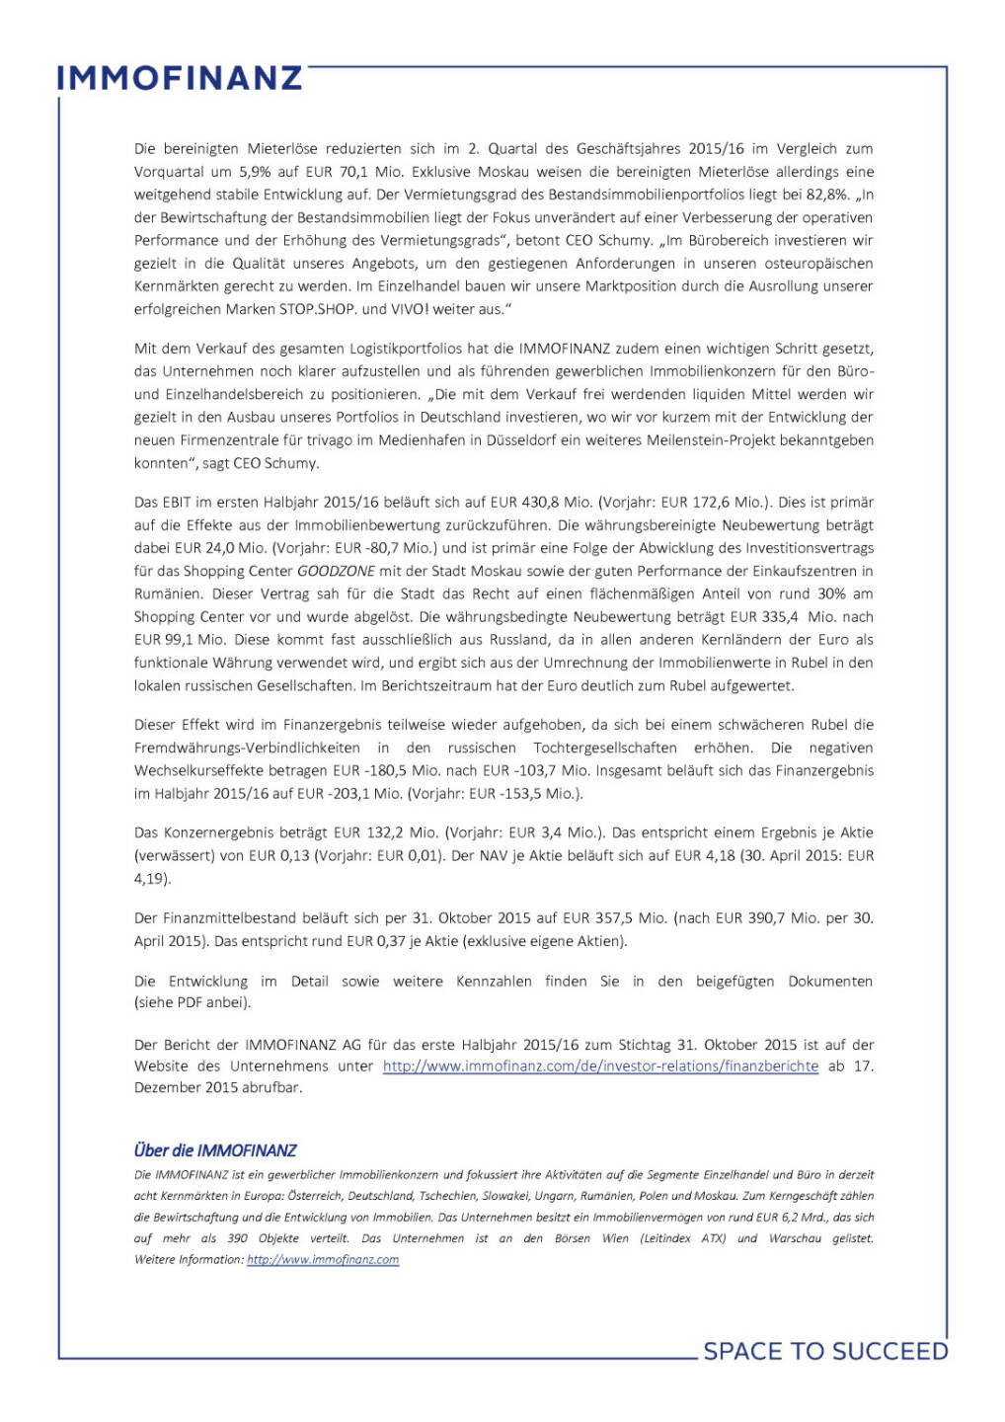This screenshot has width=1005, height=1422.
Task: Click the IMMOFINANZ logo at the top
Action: point(180,78)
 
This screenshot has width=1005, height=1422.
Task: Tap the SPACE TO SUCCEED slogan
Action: point(825,1351)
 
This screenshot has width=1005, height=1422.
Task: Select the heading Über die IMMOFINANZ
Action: point(215,1150)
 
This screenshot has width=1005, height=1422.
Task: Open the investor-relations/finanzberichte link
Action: point(600,1066)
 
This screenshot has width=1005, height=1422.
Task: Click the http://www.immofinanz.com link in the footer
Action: point(323,1260)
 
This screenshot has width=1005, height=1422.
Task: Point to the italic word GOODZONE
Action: point(337,571)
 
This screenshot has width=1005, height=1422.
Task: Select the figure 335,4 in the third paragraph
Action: point(778,617)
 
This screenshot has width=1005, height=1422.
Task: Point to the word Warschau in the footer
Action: point(795,1238)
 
